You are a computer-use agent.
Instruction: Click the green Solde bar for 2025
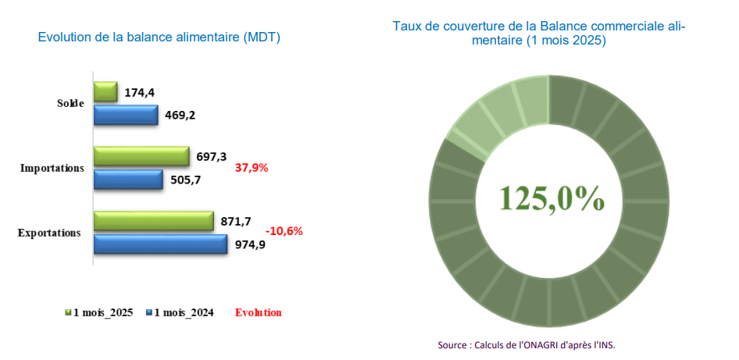(105, 92)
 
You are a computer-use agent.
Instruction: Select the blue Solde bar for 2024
(126, 115)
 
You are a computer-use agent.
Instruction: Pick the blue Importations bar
(128, 180)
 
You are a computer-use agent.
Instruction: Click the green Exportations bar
(154, 221)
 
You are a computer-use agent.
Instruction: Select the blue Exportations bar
(161, 244)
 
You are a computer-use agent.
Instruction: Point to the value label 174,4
(140, 93)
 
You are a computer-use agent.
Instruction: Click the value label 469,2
(180, 116)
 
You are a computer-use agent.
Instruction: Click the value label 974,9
(250, 244)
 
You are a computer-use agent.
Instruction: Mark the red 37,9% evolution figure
(252, 168)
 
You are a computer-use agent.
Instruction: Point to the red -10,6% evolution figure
(284, 231)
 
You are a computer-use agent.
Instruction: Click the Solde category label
(70, 103)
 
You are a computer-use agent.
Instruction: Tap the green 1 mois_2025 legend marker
(68, 312)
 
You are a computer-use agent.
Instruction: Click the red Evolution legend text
(258, 312)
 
